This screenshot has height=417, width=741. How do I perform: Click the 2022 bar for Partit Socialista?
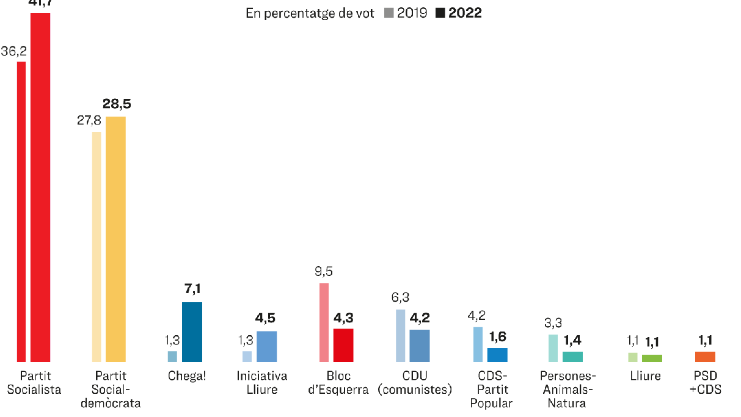[x=40, y=187]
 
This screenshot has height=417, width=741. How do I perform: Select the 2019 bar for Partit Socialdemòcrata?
[x=97, y=247]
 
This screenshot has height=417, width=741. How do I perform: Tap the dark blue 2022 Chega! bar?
[x=192, y=332]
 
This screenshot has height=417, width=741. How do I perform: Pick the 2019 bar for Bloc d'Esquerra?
[x=324, y=322]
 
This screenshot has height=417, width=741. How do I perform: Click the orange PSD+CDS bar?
[x=705, y=357]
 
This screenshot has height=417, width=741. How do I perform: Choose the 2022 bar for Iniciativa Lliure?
[x=266, y=347]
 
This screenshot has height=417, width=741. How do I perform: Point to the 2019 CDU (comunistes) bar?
[x=400, y=336]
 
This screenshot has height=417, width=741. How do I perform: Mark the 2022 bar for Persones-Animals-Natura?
[x=572, y=357]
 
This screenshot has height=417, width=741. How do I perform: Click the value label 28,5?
[x=116, y=104]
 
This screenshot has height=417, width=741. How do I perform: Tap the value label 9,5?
[x=324, y=272]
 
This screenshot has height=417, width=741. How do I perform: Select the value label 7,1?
[x=192, y=289]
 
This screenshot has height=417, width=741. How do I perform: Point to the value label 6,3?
[x=400, y=297]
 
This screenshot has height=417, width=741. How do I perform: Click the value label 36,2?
[x=13, y=51]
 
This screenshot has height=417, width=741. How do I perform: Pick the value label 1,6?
[x=497, y=336]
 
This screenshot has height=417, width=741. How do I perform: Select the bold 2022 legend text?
[x=465, y=13]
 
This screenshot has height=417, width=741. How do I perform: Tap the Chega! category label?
[x=187, y=376]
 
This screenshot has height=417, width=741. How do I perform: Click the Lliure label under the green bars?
[x=645, y=376]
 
